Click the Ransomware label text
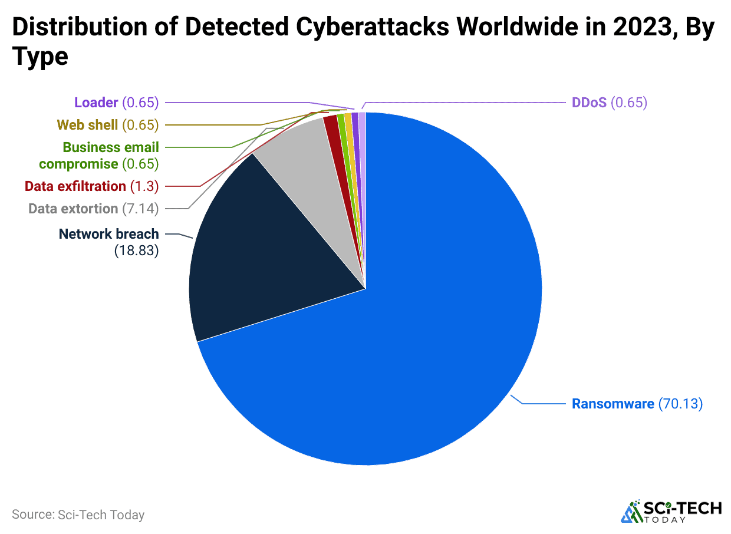[613, 404]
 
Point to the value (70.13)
[680, 404]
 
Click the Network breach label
[108, 234]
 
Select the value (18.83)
[136, 252]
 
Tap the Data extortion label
[73, 209]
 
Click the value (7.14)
[140, 209]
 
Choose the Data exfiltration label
[75, 186]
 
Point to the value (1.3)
[144, 186]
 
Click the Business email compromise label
[99, 156]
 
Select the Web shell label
[87, 124]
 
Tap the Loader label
[96, 103]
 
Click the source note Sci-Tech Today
[78, 515]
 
